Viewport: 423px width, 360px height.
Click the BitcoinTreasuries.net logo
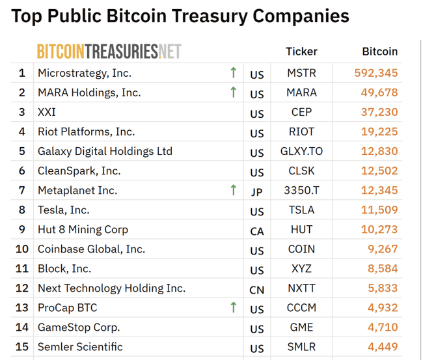click(x=109, y=51)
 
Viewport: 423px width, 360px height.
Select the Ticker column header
click(x=301, y=51)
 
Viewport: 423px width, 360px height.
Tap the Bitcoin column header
click(x=379, y=51)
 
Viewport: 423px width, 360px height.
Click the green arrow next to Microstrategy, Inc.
click(x=234, y=72)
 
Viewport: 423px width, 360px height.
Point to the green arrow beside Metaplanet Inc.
click(x=234, y=190)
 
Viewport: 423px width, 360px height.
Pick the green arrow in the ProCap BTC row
click(x=234, y=307)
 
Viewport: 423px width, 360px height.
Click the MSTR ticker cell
click(x=301, y=74)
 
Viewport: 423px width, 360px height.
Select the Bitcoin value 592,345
click(x=376, y=74)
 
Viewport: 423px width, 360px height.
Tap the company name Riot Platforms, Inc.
click(x=86, y=132)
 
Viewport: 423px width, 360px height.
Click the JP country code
click(x=257, y=192)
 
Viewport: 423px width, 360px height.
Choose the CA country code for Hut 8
click(x=257, y=231)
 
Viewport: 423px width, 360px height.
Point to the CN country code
click(x=257, y=290)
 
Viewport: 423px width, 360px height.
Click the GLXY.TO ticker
click(x=301, y=152)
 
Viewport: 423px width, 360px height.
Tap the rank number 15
click(x=22, y=347)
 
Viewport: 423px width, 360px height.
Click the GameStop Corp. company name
click(x=79, y=327)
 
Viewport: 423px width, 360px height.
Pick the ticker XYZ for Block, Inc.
click(x=301, y=269)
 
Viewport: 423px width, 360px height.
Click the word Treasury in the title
click(x=213, y=16)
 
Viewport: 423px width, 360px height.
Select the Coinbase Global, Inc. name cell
click(x=91, y=249)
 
